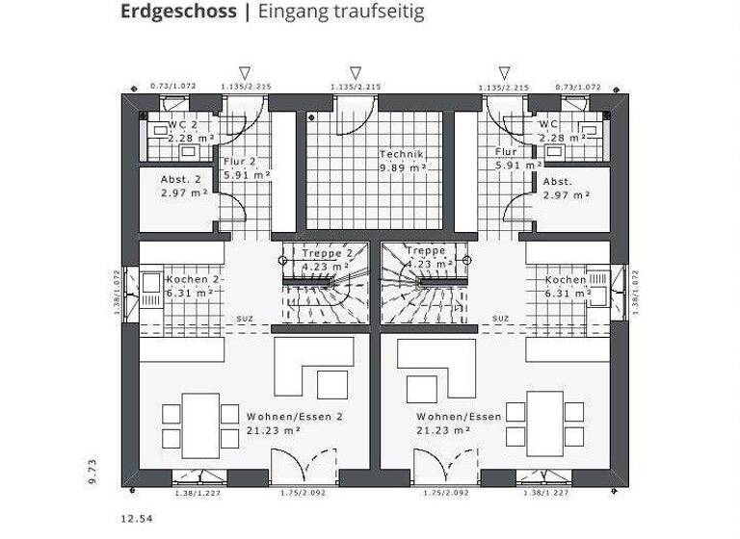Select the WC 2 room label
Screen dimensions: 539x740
[182, 125]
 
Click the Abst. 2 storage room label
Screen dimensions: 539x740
[180, 180]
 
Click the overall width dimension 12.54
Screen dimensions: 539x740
[136, 519]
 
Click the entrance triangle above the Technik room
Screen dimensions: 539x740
[356, 72]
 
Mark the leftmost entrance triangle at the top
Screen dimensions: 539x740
[245, 72]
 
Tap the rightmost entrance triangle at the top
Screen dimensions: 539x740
[503, 72]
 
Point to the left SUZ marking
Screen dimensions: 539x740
[246, 319]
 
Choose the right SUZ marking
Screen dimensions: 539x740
[501, 319]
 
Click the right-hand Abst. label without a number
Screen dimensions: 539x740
[558, 181]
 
